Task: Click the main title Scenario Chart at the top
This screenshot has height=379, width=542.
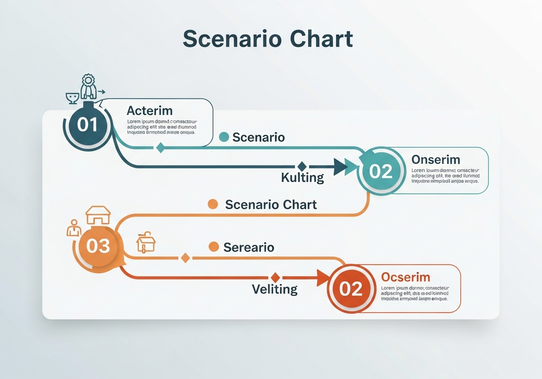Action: click(x=268, y=39)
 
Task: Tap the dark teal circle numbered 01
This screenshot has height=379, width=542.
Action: click(x=88, y=125)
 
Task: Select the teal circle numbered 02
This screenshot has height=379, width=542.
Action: click(x=381, y=171)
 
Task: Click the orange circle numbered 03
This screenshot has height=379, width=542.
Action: click(x=98, y=246)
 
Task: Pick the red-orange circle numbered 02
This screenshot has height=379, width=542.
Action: click(x=351, y=289)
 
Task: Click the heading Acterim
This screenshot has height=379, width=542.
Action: click(x=149, y=111)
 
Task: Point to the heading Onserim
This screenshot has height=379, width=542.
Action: click(x=436, y=159)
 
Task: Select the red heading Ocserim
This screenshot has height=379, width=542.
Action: click(x=405, y=277)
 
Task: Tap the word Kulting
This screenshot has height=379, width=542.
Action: click(x=302, y=177)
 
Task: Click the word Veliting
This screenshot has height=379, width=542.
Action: click(x=274, y=289)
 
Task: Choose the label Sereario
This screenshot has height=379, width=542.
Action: click(x=249, y=247)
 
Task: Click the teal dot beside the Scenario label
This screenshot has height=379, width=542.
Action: click(x=224, y=137)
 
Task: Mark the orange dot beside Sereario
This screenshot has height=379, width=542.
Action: click(x=214, y=247)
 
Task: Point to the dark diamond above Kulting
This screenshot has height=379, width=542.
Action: click(x=301, y=166)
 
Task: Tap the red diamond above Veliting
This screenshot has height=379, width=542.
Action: click(x=275, y=277)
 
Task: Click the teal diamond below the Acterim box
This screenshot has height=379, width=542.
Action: click(x=160, y=147)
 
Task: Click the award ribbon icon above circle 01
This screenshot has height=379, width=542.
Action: click(x=88, y=86)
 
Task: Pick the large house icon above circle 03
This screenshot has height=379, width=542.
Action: click(x=98, y=215)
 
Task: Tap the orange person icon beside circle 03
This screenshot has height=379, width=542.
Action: click(x=74, y=228)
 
